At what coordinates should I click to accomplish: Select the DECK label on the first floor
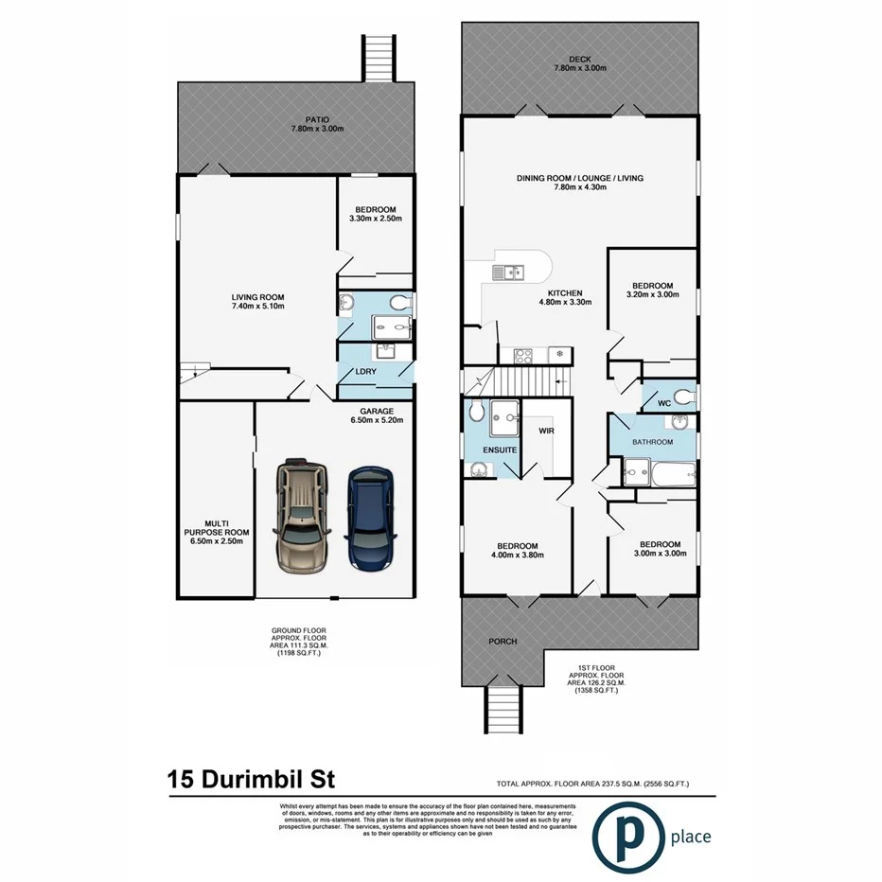(580, 63)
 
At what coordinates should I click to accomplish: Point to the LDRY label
(366, 371)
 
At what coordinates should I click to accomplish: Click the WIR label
(546, 431)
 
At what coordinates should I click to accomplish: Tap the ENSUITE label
(500, 450)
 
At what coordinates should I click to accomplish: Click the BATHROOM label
(653, 442)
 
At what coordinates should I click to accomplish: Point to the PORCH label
(503, 642)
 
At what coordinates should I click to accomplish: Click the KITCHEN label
(562, 293)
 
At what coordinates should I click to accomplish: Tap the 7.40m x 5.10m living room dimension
(259, 307)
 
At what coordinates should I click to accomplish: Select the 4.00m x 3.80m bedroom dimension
(518, 556)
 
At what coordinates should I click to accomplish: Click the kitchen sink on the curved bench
(510, 273)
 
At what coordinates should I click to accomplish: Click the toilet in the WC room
(683, 394)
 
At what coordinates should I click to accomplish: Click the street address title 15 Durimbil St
(250, 781)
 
